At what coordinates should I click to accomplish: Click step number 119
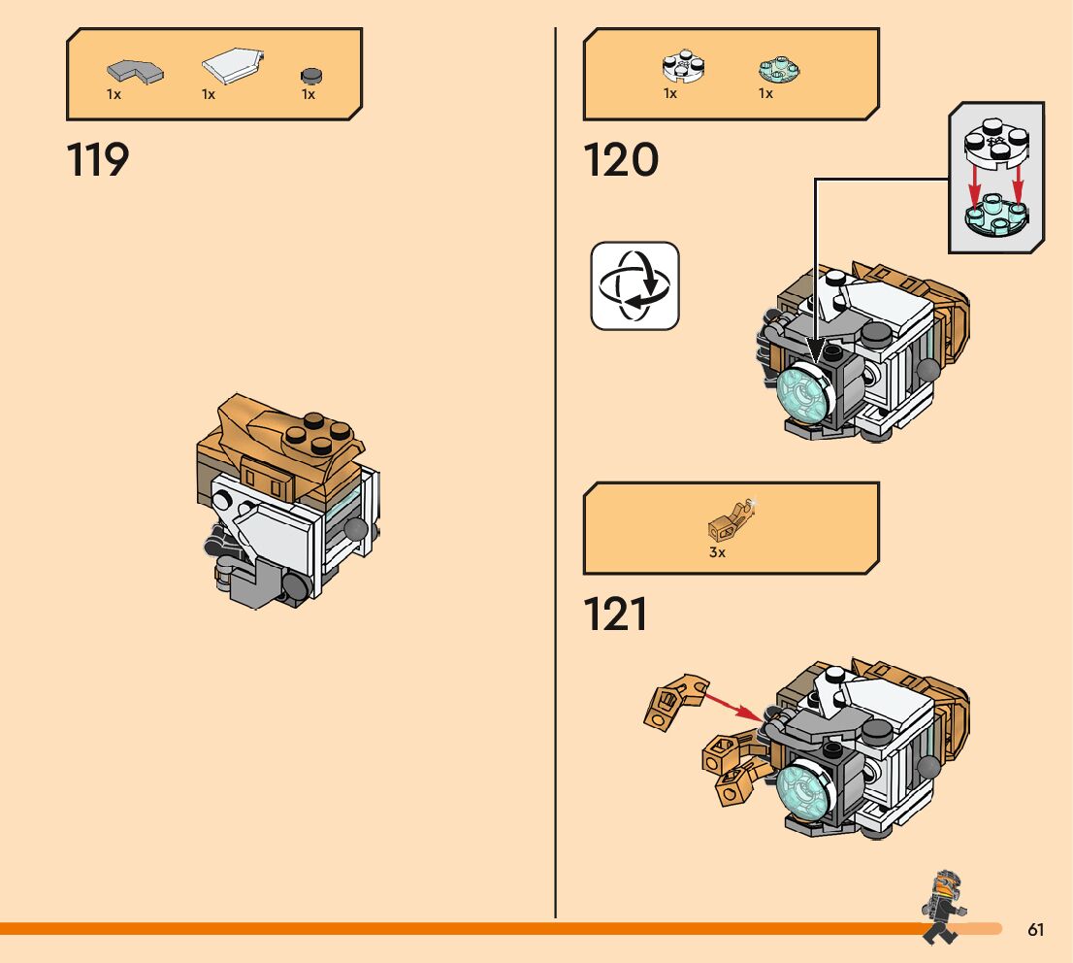click(x=98, y=160)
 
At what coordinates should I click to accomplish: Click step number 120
click(x=621, y=160)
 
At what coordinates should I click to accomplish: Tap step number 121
click(x=616, y=614)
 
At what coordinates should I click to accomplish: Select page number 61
click(x=1035, y=930)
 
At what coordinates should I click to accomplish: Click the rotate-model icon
click(x=634, y=285)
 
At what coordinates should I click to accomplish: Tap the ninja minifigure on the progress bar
click(x=940, y=906)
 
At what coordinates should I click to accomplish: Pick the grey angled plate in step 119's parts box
click(x=134, y=71)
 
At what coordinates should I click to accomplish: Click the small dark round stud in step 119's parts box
click(x=310, y=75)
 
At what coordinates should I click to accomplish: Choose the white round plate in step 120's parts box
click(x=683, y=68)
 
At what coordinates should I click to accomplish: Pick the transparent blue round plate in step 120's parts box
click(x=778, y=69)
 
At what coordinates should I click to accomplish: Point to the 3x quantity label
click(x=717, y=552)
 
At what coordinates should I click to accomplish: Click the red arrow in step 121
click(x=732, y=706)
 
